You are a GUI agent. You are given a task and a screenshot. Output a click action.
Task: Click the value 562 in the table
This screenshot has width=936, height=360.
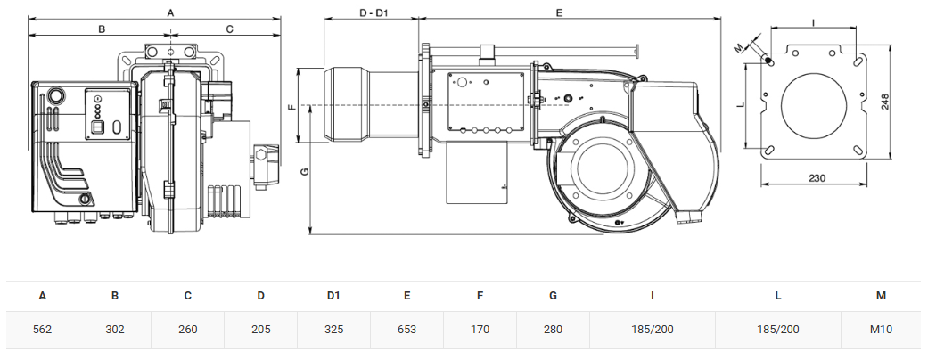tap(43, 330)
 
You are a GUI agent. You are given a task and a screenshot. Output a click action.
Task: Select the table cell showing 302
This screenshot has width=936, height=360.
tap(115, 330)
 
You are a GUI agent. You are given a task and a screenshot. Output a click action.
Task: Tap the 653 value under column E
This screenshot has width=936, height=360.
tap(406, 330)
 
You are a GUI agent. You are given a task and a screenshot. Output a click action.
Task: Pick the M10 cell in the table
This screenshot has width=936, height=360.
tap(881, 330)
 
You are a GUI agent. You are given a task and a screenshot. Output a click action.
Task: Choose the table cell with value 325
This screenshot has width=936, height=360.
tap(333, 330)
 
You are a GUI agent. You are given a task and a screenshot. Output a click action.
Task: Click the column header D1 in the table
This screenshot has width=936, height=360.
tap(333, 296)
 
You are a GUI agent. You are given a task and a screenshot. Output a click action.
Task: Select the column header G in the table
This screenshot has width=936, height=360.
tap(553, 296)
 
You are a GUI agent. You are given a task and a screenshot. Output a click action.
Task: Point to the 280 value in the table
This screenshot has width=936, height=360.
tap(553, 330)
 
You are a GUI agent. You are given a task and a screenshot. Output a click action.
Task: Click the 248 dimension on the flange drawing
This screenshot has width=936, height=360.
tap(884, 102)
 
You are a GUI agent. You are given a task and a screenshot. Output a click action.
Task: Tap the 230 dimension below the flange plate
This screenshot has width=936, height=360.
tap(817, 178)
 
